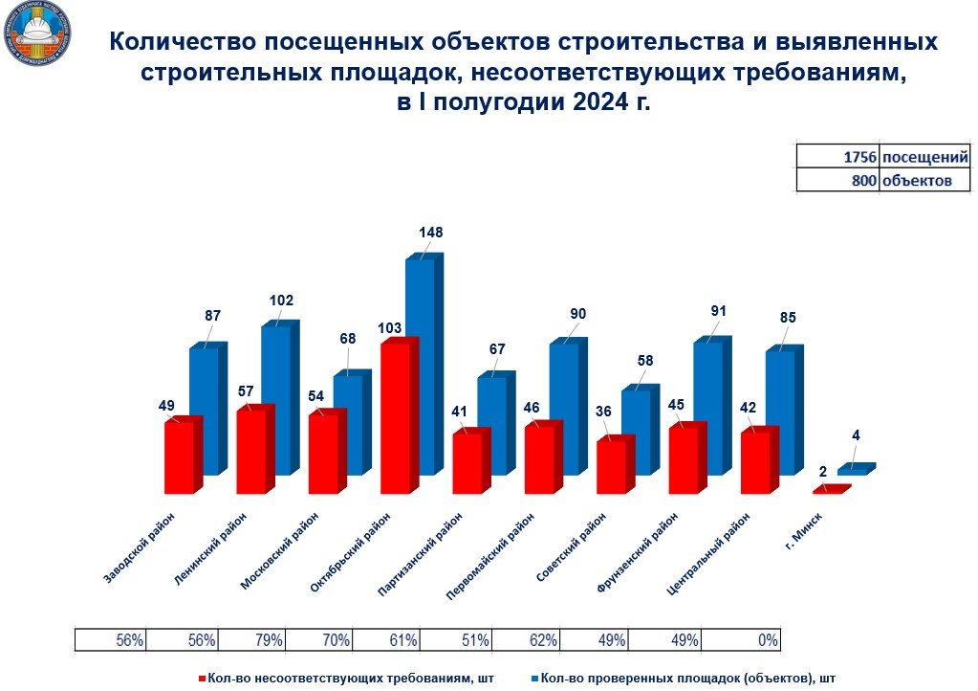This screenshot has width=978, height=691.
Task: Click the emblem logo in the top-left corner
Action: pyautogui.click(x=38, y=36)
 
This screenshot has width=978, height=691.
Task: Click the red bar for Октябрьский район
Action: pyautogui.click(x=397, y=416)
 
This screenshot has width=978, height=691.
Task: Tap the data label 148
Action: pyautogui.click(x=431, y=233)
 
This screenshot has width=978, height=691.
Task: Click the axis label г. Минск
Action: pyautogui.click(x=812, y=534)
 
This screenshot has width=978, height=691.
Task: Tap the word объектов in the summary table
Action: pyautogui.click(x=917, y=180)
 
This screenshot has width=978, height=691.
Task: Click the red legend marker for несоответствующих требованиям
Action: pyautogui.click(x=203, y=678)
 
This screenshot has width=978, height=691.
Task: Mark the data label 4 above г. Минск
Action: pyautogui.click(x=856, y=435)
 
